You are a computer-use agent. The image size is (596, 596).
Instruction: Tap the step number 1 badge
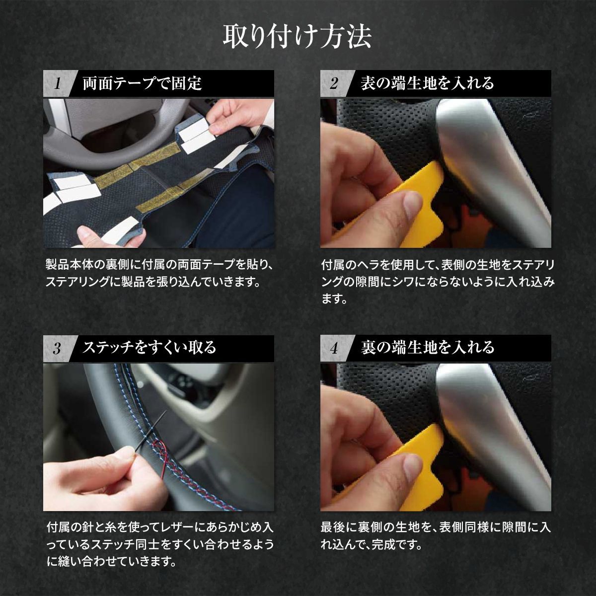pyautogui.click(x=57, y=83)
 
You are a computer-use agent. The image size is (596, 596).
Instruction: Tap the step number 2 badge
pyautogui.click(x=334, y=83)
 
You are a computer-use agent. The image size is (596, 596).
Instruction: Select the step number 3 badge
pyautogui.click(x=57, y=348)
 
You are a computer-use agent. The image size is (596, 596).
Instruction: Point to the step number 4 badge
pyautogui.click(x=334, y=348)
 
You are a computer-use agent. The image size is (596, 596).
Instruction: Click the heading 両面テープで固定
pyautogui.click(x=142, y=83)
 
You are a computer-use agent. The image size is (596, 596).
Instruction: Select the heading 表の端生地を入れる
pyautogui.click(x=427, y=83)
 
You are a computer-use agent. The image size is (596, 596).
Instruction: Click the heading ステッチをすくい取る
pyautogui.click(x=149, y=347)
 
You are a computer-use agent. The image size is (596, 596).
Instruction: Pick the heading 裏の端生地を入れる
pyautogui.click(x=427, y=347)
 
